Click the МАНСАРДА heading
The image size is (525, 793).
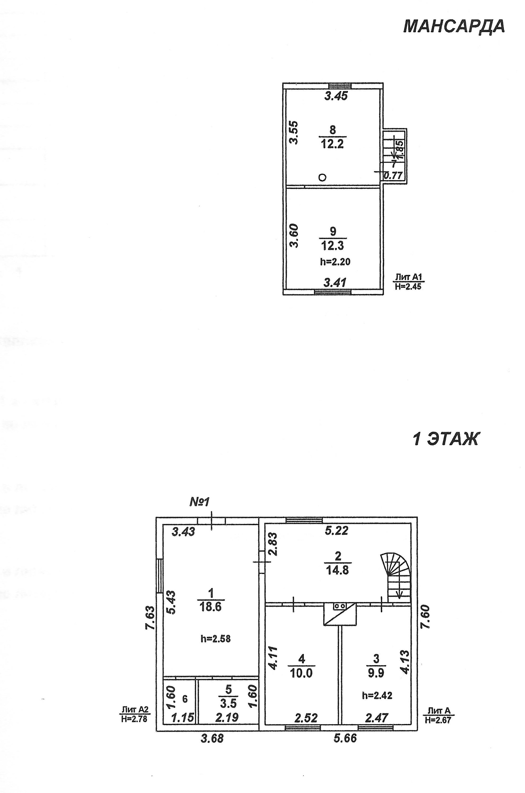click(454, 27)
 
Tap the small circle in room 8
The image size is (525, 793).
click(322, 177)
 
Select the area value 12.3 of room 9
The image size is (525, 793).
click(332, 246)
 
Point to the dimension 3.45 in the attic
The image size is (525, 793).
click(336, 96)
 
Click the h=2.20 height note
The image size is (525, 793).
click(335, 262)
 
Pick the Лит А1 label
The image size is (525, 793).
click(409, 277)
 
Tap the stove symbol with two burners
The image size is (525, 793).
click(340, 606)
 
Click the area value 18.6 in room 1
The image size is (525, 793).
click(211, 607)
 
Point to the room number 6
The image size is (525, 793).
click(185, 699)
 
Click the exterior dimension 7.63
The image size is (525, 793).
click(150, 618)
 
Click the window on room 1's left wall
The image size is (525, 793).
click(160, 576)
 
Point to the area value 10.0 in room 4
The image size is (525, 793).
click(301, 673)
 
